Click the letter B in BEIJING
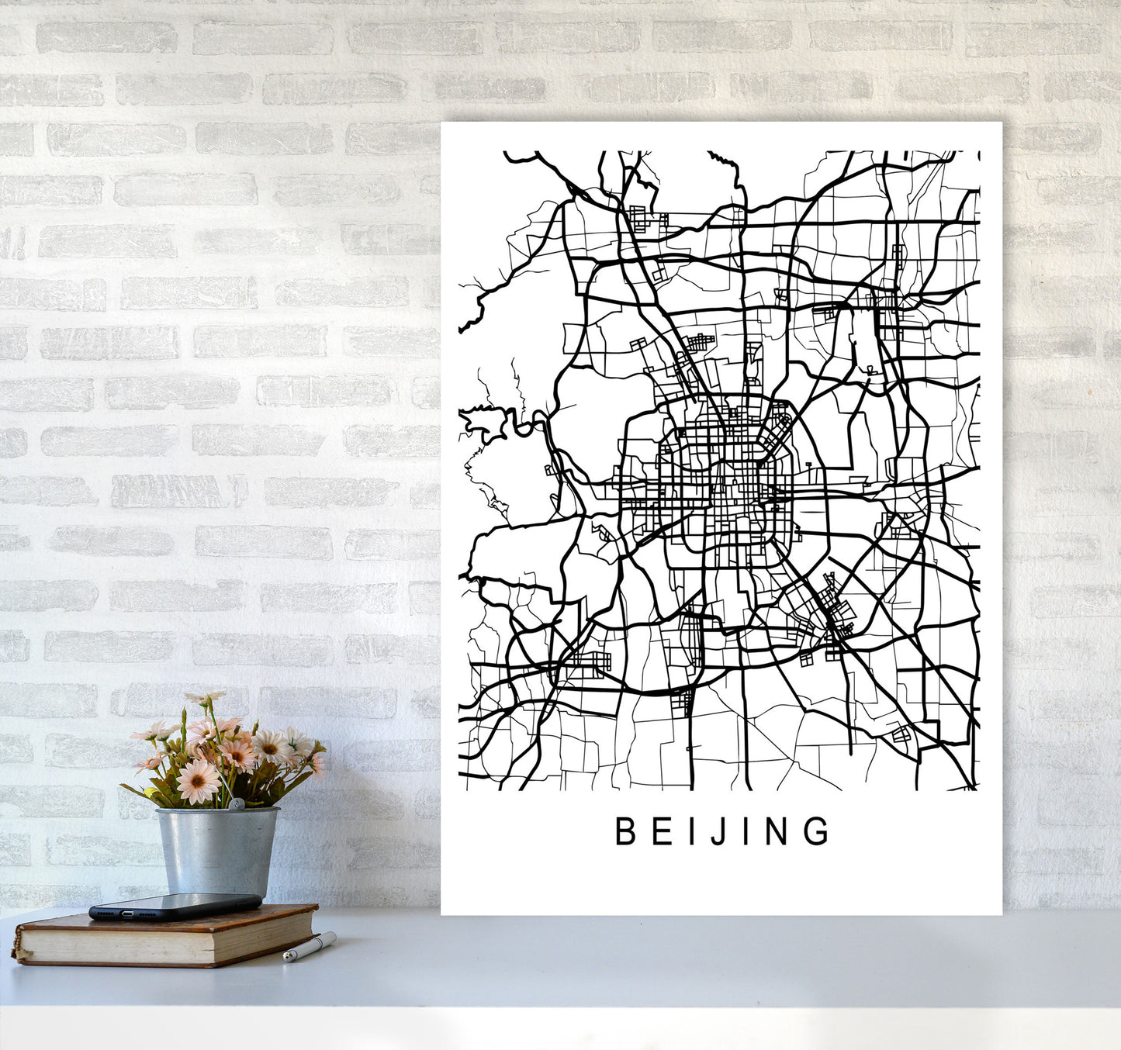(x=625, y=831)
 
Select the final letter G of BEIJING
(x=817, y=831)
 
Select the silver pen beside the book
(x=309, y=948)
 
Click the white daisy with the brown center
(x=269, y=748)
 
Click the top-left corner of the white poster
(x=442, y=123)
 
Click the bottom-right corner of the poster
(x=1001, y=914)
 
